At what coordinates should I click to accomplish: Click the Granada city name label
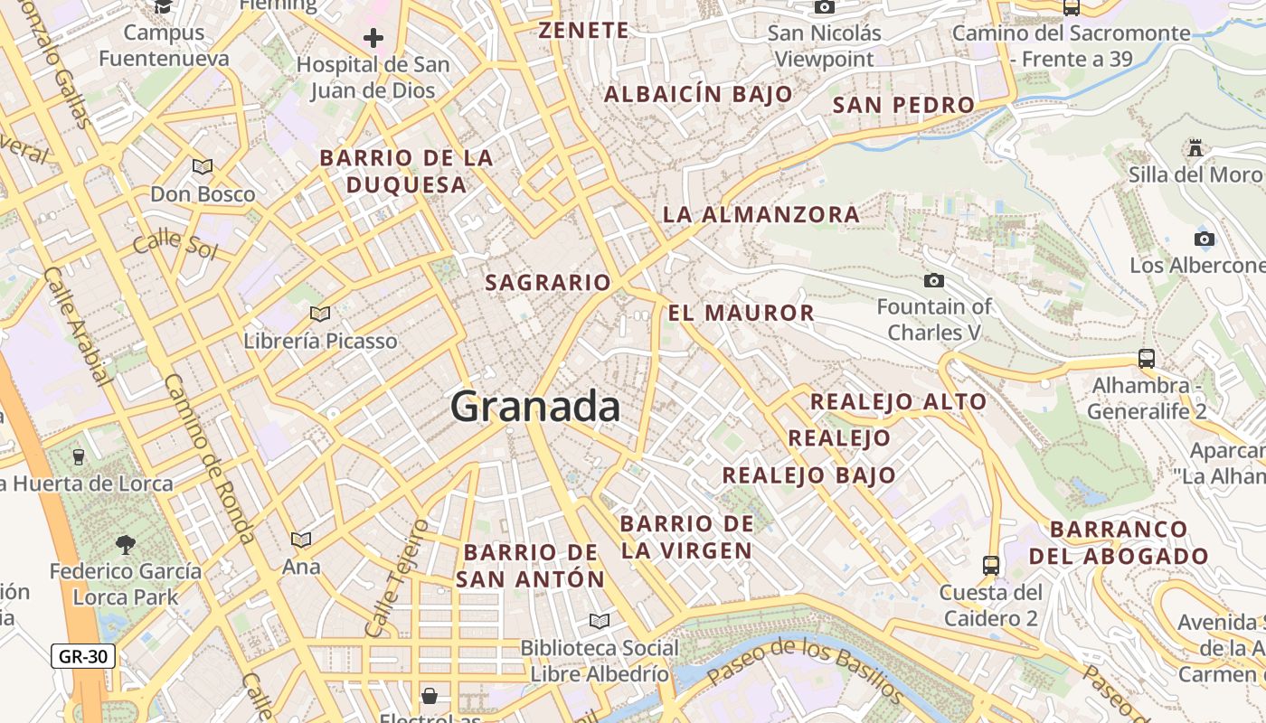[x=535, y=407]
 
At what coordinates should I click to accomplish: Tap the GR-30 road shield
[x=83, y=656]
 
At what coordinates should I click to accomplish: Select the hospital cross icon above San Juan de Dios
[x=373, y=38]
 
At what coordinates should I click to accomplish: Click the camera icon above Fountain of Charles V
[x=934, y=280]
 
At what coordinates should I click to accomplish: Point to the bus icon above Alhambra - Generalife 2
[x=1147, y=358]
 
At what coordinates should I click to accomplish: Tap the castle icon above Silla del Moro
[x=1195, y=147]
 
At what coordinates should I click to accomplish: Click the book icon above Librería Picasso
[x=319, y=314]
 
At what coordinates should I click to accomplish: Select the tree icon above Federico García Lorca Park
[x=125, y=544]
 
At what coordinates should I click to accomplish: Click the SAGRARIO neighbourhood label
[x=548, y=283]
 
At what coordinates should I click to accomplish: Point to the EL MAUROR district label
[x=742, y=314]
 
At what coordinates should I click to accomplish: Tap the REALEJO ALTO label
[x=898, y=402]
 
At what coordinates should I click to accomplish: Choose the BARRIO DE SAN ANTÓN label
[x=531, y=566]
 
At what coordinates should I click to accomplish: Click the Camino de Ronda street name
[x=209, y=459]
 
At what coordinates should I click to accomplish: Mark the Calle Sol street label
[x=175, y=246]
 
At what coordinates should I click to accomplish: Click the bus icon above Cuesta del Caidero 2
[x=991, y=566]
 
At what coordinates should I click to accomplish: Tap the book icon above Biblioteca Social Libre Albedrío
[x=599, y=621]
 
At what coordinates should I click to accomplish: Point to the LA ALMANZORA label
[x=761, y=215]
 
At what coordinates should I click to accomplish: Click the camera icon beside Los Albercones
[x=1204, y=239]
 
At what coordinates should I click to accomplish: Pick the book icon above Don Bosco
[x=203, y=166]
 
